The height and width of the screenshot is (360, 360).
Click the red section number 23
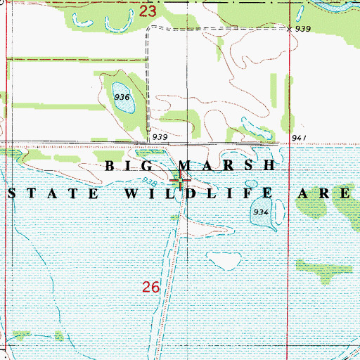(x=147, y=11)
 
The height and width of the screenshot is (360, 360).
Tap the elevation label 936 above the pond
(x=122, y=97)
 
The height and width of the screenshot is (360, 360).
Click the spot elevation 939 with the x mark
(x=303, y=29)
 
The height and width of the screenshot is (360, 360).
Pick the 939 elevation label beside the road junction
(x=159, y=136)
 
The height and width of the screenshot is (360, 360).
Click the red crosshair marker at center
(x=181, y=182)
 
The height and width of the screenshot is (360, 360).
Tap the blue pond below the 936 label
(x=124, y=106)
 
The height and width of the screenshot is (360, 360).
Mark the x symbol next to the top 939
(x=290, y=29)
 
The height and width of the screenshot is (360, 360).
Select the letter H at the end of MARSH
(x=268, y=166)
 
